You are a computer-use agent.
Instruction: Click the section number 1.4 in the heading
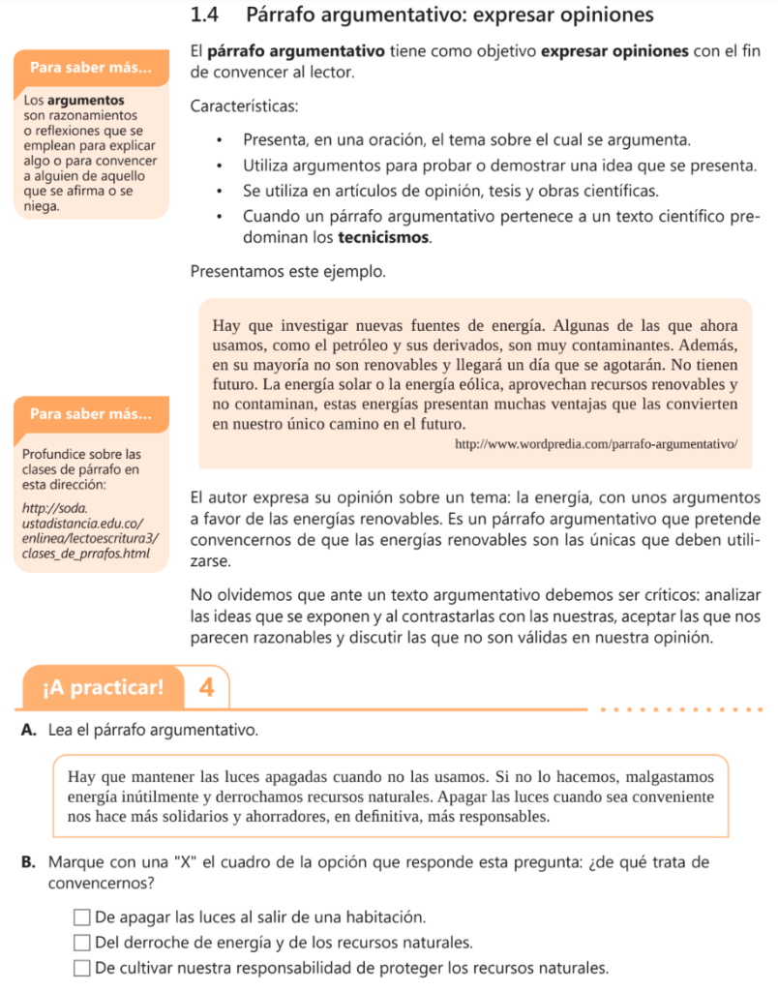click(208, 15)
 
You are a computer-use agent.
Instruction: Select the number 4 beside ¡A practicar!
click(206, 688)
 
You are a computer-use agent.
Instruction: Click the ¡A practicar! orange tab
click(104, 688)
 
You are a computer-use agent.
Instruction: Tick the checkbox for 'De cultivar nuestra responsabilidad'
click(82, 968)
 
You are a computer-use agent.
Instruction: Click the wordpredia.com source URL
click(597, 444)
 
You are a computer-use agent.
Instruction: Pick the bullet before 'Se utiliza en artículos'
click(222, 190)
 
